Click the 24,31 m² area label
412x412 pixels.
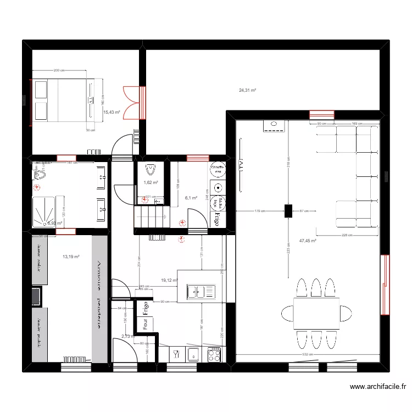tap(247, 90)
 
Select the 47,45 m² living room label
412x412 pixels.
tap(308, 241)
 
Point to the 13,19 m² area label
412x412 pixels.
tap(71, 257)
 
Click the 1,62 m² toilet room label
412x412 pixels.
tap(151, 183)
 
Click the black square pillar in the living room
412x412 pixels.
tap(288, 211)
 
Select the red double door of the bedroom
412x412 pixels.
tap(134, 102)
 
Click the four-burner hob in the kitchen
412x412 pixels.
tap(214, 354)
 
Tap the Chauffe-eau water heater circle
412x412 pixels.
tap(218, 170)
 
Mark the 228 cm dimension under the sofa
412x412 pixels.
tap(347, 236)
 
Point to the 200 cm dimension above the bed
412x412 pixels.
tap(59, 71)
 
